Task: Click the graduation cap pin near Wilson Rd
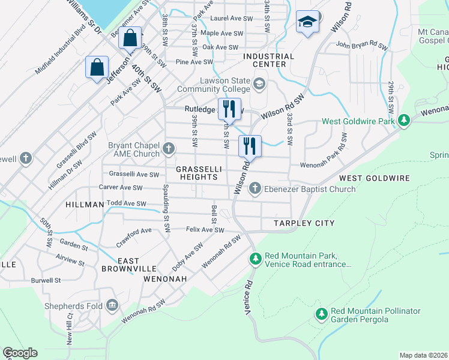pyautogui.click(x=307, y=23)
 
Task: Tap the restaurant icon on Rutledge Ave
pyautogui.click(x=229, y=109)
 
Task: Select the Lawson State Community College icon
pyautogui.click(x=259, y=83)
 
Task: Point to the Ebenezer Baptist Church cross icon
pyautogui.click(x=255, y=189)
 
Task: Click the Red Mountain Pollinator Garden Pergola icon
pyautogui.click(x=322, y=314)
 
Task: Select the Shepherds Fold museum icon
pyautogui.click(x=112, y=306)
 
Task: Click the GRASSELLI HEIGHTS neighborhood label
pyautogui.click(x=197, y=173)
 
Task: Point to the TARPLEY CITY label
pyautogui.click(x=304, y=223)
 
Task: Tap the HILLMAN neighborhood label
pyautogui.click(x=85, y=205)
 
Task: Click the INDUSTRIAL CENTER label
pyautogui.click(x=269, y=61)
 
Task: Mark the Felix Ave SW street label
pyautogui.click(x=205, y=230)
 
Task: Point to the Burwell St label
pyautogui.click(x=46, y=280)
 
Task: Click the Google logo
pyautogui.click(x=20, y=353)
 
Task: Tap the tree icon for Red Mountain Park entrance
pyautogui.click(x=255, y=259)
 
